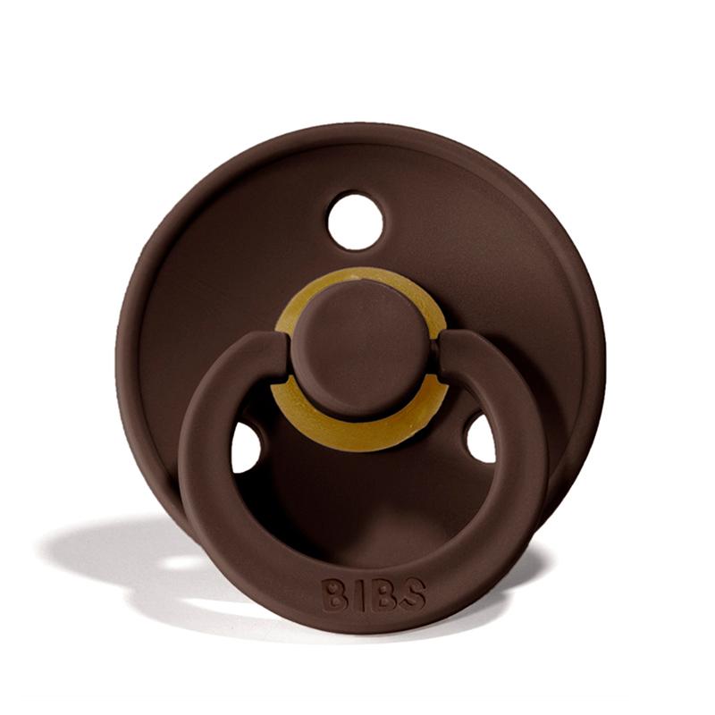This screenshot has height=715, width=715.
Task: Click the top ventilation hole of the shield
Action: (x=355, y=221)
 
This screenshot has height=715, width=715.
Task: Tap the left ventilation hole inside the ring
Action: (x=246, y=447)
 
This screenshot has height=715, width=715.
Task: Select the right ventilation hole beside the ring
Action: (x=481, y=439)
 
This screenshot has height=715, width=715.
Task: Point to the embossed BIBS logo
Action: (x=373, y=593)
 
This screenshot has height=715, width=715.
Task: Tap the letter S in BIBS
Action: (x=413, y=593)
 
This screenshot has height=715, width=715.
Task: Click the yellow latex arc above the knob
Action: (x=357, y=284)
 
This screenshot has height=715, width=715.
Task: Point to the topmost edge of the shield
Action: (x=357, y=126)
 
